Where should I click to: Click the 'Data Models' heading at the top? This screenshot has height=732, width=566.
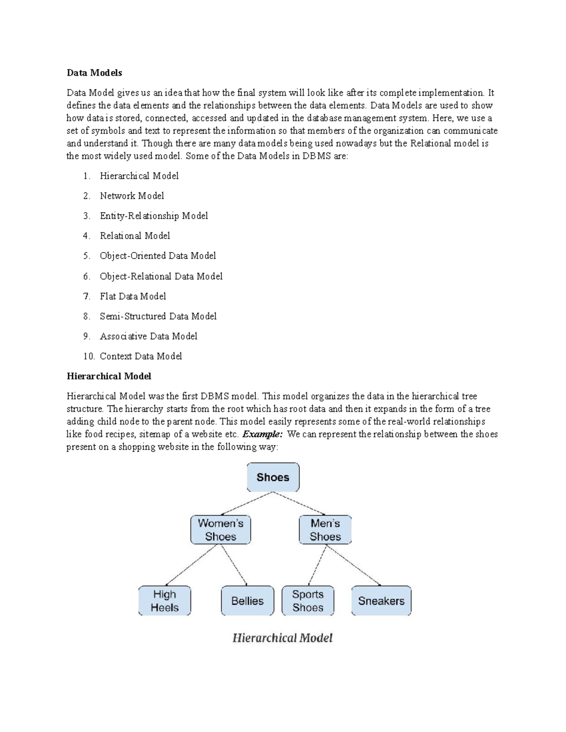(94, 73)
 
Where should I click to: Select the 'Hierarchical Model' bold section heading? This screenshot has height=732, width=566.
(109, 376)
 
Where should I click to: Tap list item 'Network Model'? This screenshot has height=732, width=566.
(132, 196)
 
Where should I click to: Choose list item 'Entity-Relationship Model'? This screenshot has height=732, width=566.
(154, 216)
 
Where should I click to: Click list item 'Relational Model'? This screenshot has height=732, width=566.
(135, 236)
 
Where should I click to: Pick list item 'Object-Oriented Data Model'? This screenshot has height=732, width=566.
(158, 256)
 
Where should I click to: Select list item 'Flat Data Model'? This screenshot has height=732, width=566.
(133, 296)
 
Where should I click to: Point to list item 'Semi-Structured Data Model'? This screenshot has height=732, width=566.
(158, 316)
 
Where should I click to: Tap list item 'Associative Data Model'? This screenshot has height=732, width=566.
(149, 337)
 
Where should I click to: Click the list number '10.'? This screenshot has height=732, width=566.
(89, 356)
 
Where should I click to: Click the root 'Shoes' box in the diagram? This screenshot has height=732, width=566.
(273, 477)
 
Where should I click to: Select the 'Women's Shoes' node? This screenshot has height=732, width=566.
(221, 530)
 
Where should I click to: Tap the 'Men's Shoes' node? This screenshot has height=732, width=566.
(325, 530)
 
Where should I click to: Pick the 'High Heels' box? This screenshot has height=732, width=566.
(165, 601)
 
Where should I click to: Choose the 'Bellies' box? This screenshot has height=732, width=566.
(247, 601)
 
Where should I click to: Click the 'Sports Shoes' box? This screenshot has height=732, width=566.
(308, 601)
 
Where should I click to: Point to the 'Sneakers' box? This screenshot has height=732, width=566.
(381, 601)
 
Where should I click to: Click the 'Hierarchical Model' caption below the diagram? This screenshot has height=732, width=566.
(283, 638)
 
